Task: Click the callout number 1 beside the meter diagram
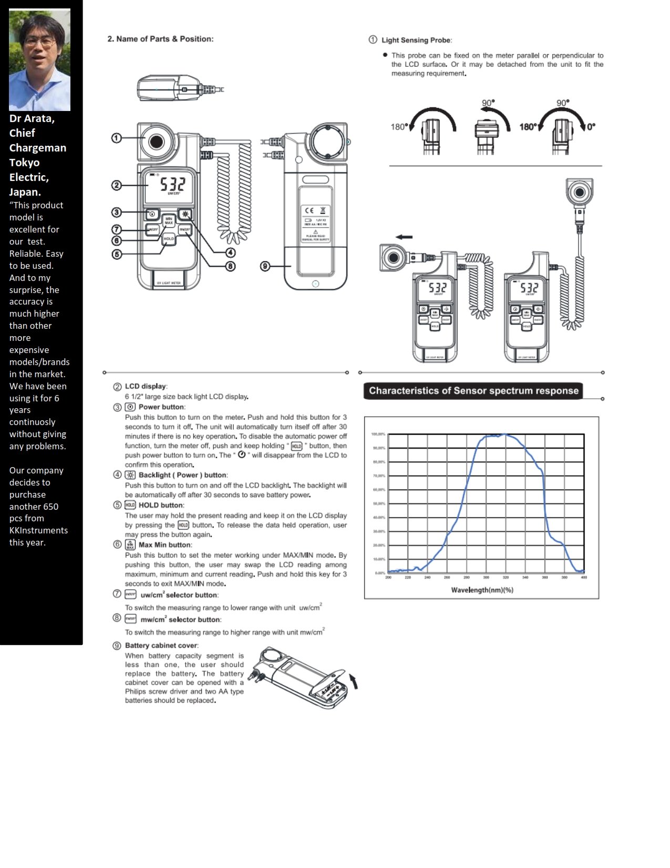116,138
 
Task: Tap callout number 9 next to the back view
265,266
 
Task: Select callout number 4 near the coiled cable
230,253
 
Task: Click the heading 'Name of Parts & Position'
160,39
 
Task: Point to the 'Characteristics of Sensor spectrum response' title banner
473,391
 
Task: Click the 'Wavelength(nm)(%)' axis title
482,590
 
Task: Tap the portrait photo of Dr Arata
39,60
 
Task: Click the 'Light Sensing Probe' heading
416,40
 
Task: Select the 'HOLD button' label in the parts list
161,505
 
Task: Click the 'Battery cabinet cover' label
161,645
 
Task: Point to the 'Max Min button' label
165,545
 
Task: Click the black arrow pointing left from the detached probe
404,237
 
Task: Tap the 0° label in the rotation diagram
591,127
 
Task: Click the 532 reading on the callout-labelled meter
172,184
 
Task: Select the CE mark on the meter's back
309,210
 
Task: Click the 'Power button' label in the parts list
162,407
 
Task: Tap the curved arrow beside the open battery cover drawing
354,682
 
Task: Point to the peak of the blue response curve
504,435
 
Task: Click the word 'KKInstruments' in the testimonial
38,530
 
